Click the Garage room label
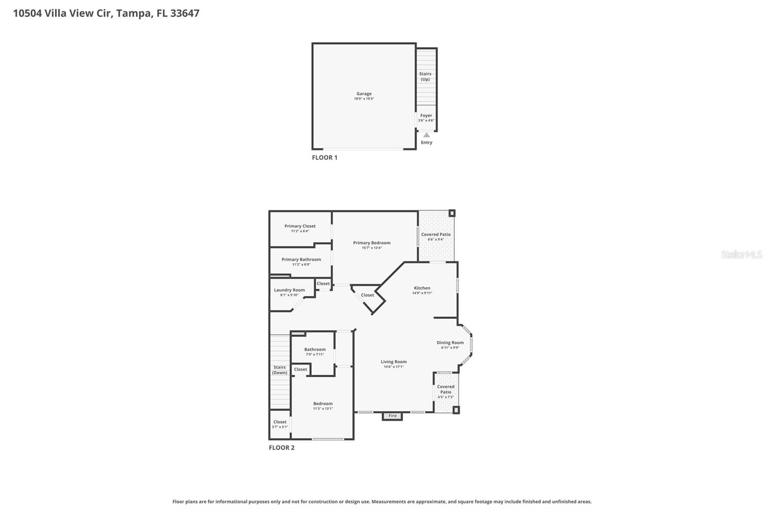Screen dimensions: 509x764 (364, 94)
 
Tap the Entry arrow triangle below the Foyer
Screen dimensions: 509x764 (426, 135)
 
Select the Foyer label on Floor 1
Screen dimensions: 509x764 (426, 116)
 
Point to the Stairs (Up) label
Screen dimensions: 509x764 (425, 76)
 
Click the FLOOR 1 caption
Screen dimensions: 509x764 (325, 158)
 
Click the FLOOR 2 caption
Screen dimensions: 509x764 (282, 448)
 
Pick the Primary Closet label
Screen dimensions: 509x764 (300, 226)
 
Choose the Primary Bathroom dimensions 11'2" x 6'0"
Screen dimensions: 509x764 (301, 265)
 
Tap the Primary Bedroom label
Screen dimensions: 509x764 (371, 243)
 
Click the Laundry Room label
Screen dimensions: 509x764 (289, 290)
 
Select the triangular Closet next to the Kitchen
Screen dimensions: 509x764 (368, 296)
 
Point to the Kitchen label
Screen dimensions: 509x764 (422, 288)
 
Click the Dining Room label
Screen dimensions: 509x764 (450, 343)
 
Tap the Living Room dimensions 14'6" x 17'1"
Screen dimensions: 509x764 (393, 367)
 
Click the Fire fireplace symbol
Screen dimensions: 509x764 (392, 416)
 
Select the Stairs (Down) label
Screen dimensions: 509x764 (280, 370)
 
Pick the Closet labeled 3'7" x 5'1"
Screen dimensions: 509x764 (280, 424)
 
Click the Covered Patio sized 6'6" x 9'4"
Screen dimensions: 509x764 (435, 237)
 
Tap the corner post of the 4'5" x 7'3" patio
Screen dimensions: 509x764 (456, 410)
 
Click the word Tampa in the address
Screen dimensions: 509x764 (134, 13)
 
